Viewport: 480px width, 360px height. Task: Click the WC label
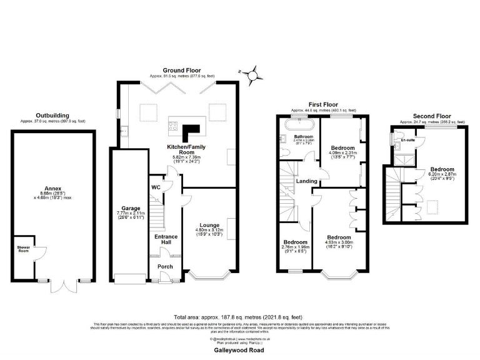[156, 186]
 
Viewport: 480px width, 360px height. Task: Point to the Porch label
[165, 267]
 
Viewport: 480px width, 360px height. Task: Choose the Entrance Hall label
[166, 241]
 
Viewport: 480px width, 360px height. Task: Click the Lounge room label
[210, 224]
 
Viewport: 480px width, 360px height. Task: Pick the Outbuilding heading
[52, 116]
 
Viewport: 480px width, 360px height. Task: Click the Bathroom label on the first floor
[304, 136]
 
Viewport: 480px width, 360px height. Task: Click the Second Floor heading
[431, 116]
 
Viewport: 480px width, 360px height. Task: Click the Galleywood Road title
[240, 351]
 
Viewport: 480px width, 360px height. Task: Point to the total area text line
[240, 317]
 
